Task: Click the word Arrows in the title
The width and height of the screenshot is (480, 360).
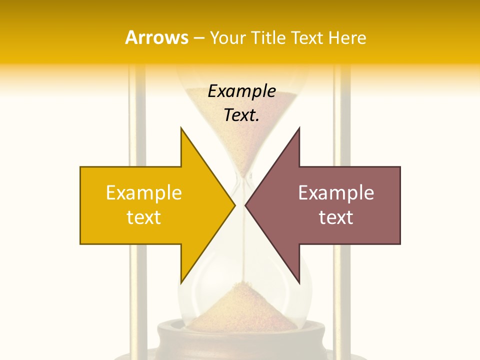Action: click(156, 38)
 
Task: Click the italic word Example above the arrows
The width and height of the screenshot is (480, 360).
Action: click(242, 91)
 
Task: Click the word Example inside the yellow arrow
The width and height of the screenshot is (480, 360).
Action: click(144, 193)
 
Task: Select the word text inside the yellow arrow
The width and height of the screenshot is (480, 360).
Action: click(144, 217)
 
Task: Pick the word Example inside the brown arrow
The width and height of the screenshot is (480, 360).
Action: click(336, 193)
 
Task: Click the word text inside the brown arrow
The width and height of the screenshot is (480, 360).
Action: click(336, 217)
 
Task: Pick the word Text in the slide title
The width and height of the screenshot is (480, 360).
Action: click(305, 38)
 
